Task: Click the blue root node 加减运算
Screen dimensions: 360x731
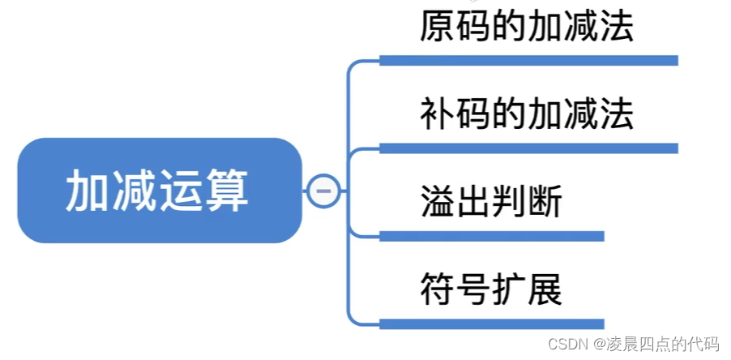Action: click(x=159, y=191)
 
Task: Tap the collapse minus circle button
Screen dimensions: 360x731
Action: click(x=322, y=191)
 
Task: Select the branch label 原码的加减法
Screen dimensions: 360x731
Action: click(x=526, y=28)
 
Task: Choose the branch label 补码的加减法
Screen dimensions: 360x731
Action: click(x=526, y=115)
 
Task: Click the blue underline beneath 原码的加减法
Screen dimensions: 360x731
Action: click(x=528, y=61)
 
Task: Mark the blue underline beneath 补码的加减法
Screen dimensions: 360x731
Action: click(x=528, y=148)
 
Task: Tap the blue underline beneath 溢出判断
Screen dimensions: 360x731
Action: click(x=491, y=236)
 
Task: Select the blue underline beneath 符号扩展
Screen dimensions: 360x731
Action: click(x=491, y=324)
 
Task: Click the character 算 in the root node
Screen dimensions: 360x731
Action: click(x=230, y=191)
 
